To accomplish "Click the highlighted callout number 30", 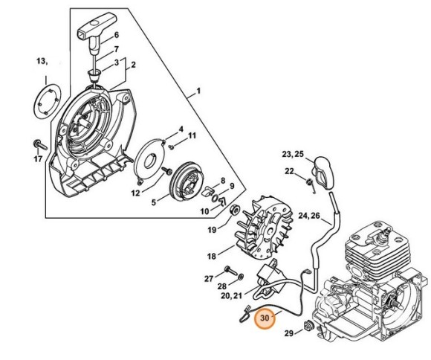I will [265, 319].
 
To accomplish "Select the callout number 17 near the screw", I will [38, 158].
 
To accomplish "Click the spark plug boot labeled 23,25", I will [325, 173].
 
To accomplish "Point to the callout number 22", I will [289, 172].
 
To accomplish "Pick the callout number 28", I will [221, 286].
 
